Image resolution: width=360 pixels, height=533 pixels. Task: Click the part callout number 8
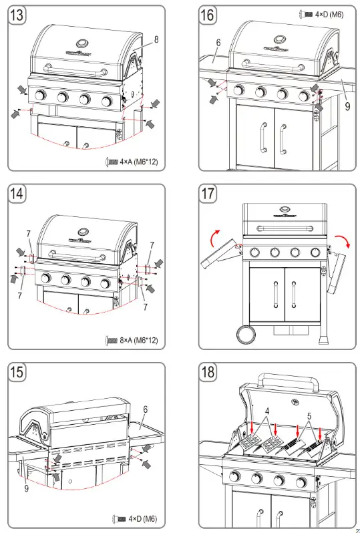coord(156,39)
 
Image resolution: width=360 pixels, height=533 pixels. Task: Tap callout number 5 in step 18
coord(309,415)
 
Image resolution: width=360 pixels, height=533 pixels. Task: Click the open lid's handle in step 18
coord(289,379)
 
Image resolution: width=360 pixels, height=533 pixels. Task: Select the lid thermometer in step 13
coord(82,45)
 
